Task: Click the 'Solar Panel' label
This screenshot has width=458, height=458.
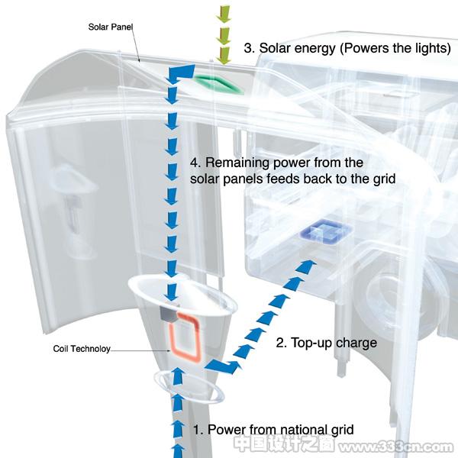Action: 111,27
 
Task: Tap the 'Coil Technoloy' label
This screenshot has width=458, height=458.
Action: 82,349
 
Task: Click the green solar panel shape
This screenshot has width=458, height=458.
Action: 218,84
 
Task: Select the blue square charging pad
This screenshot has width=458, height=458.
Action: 325,231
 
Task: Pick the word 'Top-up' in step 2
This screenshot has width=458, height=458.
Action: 311,343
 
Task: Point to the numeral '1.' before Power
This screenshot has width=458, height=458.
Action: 198,430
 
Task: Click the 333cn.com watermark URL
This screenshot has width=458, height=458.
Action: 395,447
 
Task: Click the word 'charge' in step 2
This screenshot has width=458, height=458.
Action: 356,343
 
